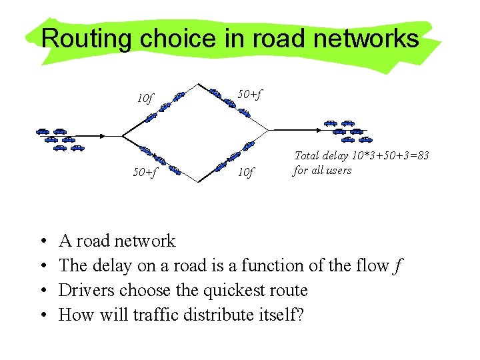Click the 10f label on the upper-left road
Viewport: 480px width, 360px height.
[145, 99]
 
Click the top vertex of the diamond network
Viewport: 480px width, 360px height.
[199, 83]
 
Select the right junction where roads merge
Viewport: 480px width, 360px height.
[267, 130]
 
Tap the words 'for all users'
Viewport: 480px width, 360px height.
[323, 170]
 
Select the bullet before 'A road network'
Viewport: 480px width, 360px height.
[43, 241]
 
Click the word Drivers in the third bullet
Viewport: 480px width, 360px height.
[82, 291]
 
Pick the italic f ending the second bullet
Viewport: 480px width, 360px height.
[398, 266]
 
